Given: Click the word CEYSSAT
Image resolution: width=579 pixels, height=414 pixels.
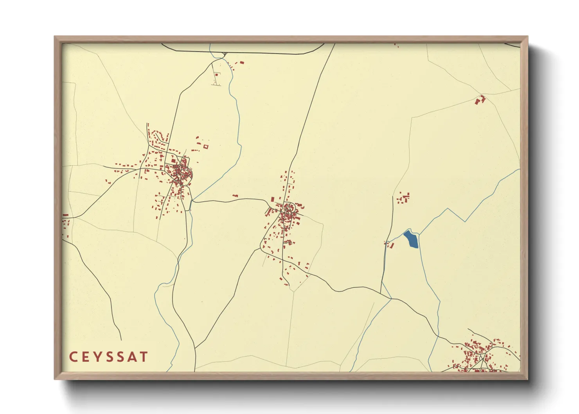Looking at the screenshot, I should (x=108, y=357).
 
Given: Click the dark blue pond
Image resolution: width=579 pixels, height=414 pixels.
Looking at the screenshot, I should (x=411, y=239).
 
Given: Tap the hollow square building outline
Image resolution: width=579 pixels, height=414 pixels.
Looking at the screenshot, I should (x=206, y=147).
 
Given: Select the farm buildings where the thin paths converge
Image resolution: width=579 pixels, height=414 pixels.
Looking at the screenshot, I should (x=480, y=100).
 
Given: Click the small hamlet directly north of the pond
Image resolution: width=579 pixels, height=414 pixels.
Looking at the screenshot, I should (x=403, y=198).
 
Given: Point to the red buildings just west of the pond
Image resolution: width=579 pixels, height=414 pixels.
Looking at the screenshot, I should (x=390, y=245).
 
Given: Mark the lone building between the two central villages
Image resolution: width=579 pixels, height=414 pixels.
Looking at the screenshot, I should (x=235, y=196).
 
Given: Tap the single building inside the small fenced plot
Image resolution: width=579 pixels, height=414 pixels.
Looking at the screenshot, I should (x=216, y=74).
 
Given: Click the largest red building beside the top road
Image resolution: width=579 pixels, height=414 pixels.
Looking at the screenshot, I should (x=242, y=62).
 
